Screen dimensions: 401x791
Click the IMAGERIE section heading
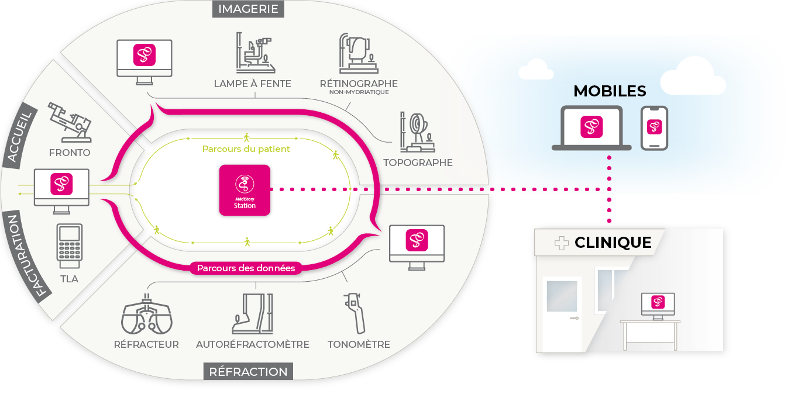(248, 9)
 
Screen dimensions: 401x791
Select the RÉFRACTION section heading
(248, 371)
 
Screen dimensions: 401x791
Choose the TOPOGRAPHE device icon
(417, 132)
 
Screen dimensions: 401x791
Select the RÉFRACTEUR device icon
(147, 315)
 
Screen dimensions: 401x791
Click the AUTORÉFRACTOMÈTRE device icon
(252, 313)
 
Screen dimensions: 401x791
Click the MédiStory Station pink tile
(245, 189)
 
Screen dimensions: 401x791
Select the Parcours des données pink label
(246, 268)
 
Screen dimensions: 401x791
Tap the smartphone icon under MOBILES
(654, 127)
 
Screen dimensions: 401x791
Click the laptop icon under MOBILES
(591, 128)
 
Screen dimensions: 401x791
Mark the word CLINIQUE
(613, 243)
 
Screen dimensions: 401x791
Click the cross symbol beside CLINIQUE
(561, 243)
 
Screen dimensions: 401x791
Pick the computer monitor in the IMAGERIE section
(145, 58)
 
